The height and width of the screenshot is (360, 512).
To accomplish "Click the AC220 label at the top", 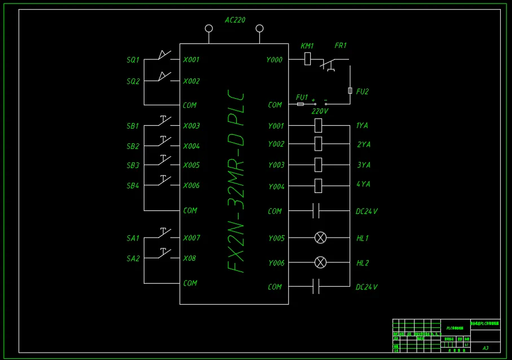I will point(235,20).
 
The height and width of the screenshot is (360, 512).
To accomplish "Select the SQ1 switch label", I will point(133,60).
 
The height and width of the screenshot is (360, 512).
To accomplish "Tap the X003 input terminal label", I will point(191,126).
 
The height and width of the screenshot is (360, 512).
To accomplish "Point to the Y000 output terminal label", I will point(274,60).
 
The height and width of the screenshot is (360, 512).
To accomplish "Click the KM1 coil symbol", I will point(307,58).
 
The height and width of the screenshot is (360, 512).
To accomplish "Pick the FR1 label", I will point(341,46).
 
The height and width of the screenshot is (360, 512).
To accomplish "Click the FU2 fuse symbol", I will point(350,91).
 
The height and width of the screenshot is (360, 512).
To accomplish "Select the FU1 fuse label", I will point(302,97).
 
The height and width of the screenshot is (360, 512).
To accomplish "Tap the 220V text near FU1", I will point(320,111).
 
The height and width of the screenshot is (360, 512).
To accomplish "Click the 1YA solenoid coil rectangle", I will point(318,125).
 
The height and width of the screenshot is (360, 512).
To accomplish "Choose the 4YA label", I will point(363,185).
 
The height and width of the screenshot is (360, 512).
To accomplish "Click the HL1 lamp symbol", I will point(320,238).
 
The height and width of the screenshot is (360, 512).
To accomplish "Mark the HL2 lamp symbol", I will point(320,262).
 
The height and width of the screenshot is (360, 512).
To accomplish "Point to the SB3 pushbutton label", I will point(133,166).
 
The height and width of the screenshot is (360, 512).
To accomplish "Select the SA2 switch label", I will point(133,258).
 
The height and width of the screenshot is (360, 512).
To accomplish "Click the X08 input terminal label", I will point(190,258).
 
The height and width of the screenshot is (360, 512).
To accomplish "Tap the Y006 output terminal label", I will point(276,263).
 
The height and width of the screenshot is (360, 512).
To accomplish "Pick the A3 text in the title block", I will point(485,348).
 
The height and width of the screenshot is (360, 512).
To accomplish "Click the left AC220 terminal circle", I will point(209,28).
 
